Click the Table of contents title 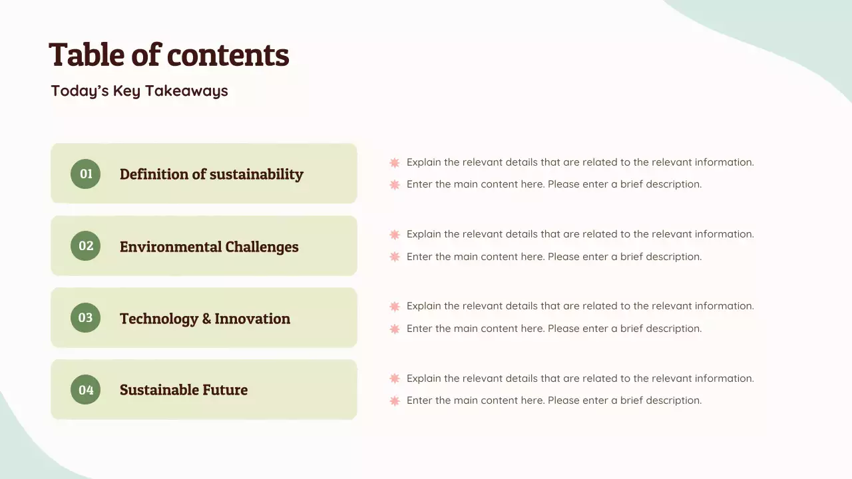(169, 55)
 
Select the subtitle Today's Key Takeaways (139, 91)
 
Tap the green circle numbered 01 (86, 174)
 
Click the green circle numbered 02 (86, 245)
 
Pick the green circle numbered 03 (86, 318)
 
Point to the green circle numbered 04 (86, 390)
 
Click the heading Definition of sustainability (211, 174)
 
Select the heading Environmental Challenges (209, 247)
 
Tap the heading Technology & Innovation (204, 319)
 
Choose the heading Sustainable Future (184, 390)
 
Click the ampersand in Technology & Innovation (206, 319)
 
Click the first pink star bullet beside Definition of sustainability (395, 162)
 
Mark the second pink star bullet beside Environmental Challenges (395, 257)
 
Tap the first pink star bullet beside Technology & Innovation (395, 306)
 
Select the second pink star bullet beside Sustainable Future (395, 400)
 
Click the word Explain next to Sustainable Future (424, 379)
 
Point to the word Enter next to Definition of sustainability (419, 184)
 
